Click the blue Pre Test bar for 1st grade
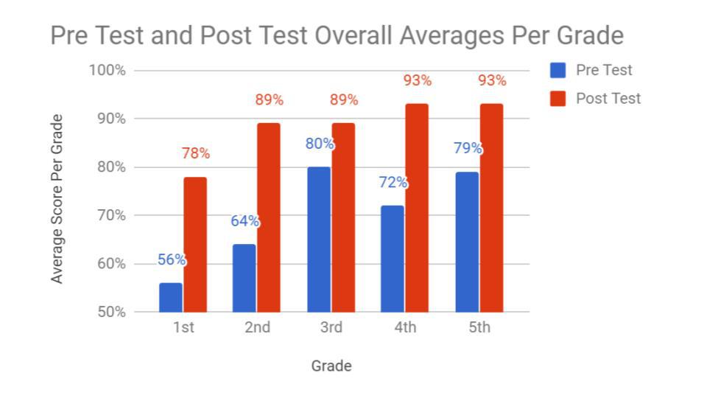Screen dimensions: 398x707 coord(171,297)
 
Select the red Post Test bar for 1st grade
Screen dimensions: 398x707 coord(195,244)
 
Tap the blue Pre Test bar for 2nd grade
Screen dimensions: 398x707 coord(245,278)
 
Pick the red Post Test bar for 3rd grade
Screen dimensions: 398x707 coord(343,217)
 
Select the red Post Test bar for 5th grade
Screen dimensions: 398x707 coord(491,208)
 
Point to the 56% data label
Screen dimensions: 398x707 coord(172,260)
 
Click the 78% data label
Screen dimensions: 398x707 coord(196,154)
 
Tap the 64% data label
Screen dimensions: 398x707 coord(245,221)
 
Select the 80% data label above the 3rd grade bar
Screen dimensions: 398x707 coord(320,144)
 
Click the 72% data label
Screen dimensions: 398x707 coord(393,183)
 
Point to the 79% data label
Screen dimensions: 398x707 coord(468,148)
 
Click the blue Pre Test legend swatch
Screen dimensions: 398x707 coord(558,70)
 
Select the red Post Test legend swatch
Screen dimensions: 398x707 coord(558,99)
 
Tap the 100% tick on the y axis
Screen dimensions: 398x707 coord(108,70)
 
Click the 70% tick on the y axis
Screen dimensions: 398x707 coord(111,215)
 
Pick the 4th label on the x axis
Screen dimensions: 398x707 coord(405,327)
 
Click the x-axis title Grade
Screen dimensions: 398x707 coord(331,366)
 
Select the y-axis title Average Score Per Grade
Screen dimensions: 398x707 coord(57,199)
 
